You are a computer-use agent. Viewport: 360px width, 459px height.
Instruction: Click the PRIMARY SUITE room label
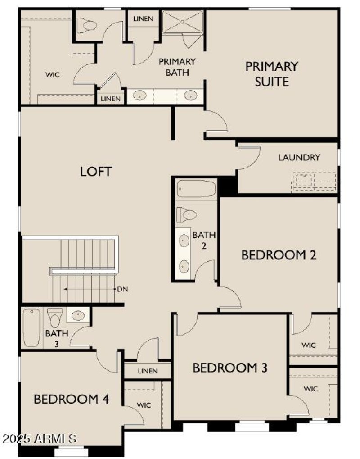[271, 74]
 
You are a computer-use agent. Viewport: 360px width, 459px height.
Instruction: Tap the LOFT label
[96, 172]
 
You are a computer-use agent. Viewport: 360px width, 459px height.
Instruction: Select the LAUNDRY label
[299, 158]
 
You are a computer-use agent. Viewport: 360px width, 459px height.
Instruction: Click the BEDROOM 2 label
[279, 255]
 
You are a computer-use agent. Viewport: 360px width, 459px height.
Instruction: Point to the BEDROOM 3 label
[230, 368]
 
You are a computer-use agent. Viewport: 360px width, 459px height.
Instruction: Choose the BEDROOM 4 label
[71, 399]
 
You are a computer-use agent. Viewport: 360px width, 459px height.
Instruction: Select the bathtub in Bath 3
[31, 327]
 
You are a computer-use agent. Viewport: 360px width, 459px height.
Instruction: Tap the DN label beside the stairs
[122, 289]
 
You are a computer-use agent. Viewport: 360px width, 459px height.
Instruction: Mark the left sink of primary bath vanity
[139, 96]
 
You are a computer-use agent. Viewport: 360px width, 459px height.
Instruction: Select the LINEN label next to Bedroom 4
[148, 371]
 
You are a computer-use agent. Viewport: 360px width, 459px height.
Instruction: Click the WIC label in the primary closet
[52, 74]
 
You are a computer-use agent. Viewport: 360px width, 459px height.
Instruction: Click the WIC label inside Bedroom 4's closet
[144, 405]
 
